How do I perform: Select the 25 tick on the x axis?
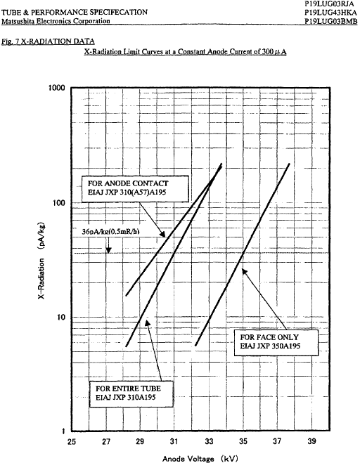pos(72,442)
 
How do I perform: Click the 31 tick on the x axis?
pos(174,442)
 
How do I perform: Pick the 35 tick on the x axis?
pos(243,442)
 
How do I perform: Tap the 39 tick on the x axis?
pos(311,442)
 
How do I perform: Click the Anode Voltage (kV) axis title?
pos(200,458)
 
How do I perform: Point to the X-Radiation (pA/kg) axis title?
pos(41,260)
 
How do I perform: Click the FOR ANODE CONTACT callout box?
pos(135,189)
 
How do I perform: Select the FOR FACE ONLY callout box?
pos(276,343)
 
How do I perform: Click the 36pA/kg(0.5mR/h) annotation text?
pos(110,232)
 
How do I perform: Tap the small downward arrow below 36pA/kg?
pos(108,246)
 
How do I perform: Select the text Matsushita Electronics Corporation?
pos(56,21)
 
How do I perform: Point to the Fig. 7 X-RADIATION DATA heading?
pos(49,41)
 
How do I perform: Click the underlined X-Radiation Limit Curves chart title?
pos(186,52)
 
